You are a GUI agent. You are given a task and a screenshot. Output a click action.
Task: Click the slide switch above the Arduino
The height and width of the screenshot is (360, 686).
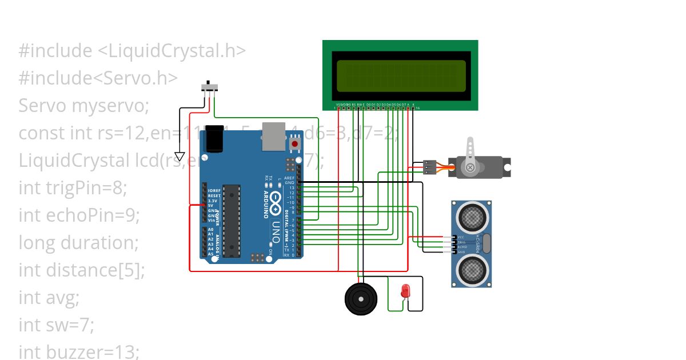(x=210, y=87)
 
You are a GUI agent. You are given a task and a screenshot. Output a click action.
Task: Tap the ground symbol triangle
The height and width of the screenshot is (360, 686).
(x=180, y=156)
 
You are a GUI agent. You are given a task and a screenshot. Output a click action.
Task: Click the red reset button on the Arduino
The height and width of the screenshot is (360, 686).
(x=294, y=143)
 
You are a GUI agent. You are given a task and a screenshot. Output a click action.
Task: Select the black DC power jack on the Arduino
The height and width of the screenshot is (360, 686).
(x=214, y=139)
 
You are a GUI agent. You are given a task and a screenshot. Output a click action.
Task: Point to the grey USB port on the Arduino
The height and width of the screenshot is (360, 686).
(x=274, y=136)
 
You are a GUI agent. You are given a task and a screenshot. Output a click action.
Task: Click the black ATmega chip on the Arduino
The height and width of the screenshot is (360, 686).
(x=232, y=220)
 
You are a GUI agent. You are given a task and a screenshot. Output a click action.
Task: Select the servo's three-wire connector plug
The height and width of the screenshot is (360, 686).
(x=430, y=167)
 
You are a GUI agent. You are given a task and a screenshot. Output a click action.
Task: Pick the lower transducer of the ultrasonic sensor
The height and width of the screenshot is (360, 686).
(x=472, y=269)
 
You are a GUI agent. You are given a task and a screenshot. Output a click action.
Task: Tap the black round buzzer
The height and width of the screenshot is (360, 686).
(x=360, y=298)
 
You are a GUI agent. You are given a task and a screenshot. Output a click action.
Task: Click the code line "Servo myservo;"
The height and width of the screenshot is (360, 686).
(x=83, y=106)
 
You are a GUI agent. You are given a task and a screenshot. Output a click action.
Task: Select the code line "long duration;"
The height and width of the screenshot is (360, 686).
(x=79, y=243)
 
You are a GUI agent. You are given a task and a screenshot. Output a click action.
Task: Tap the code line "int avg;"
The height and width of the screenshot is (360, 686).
(x=49, y=298)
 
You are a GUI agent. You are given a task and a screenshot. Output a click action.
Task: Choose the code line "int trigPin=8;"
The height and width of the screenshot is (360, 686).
(x=73, y=188)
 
